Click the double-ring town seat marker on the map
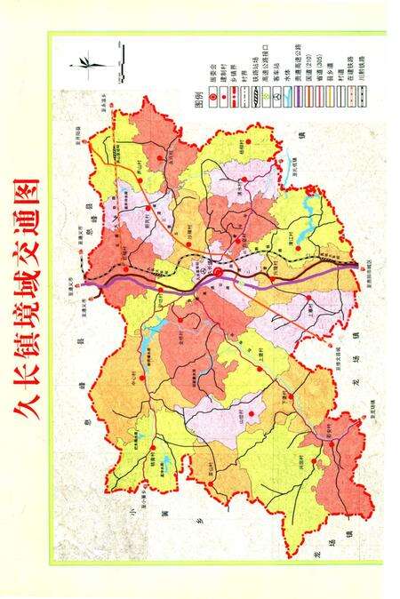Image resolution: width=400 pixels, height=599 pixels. tap(218, 273)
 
